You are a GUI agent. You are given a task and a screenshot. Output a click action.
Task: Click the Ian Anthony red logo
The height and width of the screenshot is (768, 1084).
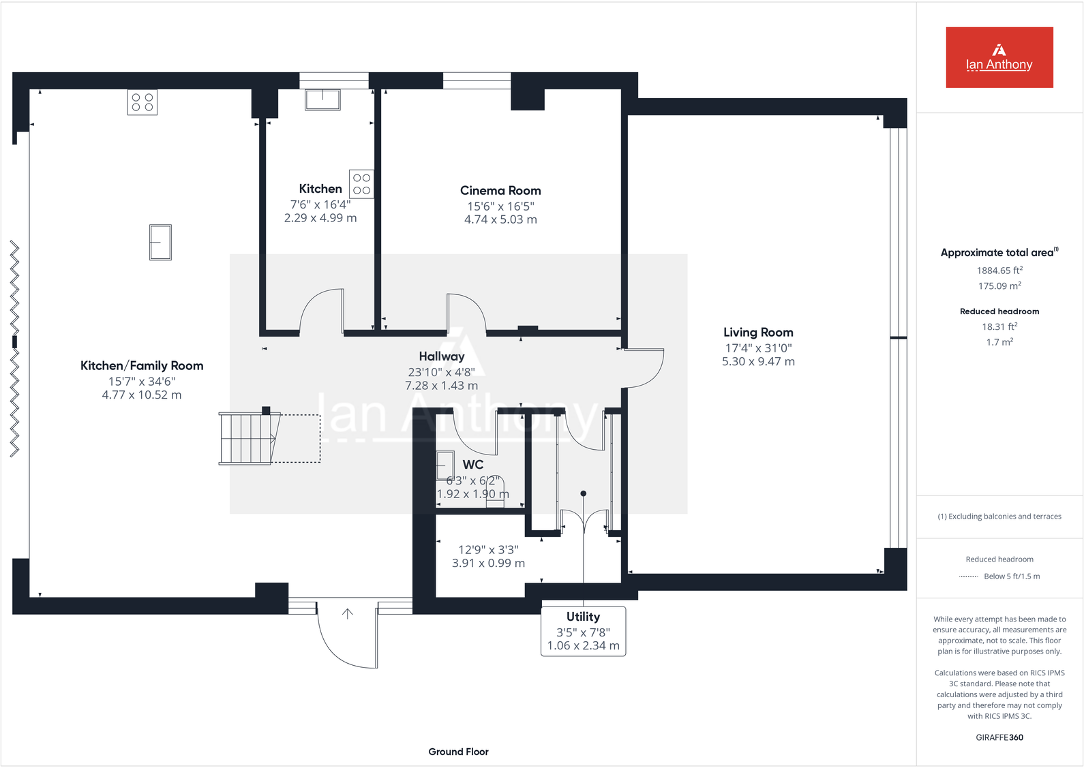tap(999, 57)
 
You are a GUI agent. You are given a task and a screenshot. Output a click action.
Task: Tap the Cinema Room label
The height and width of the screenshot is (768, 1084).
tap(500, 191)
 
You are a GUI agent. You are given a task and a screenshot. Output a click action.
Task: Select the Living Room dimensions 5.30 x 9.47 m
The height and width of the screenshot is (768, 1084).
tap(758, 362)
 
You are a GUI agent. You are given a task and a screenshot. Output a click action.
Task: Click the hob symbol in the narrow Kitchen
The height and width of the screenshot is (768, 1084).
tap(361, 184)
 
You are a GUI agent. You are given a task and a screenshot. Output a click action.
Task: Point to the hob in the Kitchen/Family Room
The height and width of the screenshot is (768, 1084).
tap(142, 102)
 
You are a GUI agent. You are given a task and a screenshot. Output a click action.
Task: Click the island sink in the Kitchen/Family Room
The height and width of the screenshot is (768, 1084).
tap(160, 243)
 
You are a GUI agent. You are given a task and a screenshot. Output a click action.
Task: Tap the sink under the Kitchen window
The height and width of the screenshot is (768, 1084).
tap(322, 99)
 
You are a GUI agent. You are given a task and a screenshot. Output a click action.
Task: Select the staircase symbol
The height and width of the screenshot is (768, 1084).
tap(246, 439)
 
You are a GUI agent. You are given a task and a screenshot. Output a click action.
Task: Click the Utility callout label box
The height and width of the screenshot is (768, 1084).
tap(583, 631)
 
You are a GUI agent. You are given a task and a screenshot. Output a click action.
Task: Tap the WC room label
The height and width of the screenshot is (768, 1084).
tap(473, 465)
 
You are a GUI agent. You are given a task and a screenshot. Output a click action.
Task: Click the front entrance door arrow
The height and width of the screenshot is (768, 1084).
tap(347, 614)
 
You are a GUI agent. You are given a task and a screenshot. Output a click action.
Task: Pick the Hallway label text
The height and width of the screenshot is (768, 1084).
tap(442, 356)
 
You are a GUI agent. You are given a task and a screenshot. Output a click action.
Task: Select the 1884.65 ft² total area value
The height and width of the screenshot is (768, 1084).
tap(999, 271)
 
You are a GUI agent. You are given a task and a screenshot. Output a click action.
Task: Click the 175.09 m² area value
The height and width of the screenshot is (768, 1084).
tap(999, 286)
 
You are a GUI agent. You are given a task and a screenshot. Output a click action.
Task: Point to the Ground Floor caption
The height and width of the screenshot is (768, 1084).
tap(458, 752)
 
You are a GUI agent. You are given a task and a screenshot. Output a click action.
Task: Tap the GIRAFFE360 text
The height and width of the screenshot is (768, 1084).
tap(999, 737)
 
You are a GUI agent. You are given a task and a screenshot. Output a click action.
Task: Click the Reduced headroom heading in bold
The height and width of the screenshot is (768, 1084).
tap(999, 311)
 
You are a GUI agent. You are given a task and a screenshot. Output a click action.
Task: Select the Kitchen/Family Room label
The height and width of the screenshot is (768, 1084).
tap(142, 366)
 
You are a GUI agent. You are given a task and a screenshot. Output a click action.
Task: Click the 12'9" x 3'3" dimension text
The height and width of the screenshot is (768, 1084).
tap(488, 549)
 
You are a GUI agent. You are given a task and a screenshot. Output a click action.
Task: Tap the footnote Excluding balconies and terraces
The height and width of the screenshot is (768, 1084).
tap(999, 517)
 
